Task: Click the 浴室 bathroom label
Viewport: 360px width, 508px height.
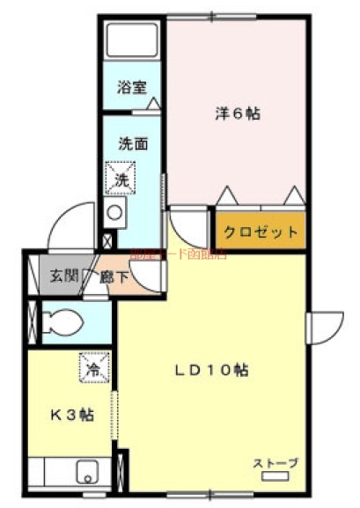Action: click(132, 87)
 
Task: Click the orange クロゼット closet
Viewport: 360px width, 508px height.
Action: click(261, 232)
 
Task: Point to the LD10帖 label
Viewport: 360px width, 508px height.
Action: click(210, 370)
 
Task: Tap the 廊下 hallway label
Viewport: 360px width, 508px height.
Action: click(113, 277)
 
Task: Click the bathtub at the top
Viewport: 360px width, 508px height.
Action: click(132, 40)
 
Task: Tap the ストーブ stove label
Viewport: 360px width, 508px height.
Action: click(276, 463)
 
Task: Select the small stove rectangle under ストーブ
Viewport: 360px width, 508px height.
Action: click(276, 477)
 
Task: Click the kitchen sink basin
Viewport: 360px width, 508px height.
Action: click(87, 472)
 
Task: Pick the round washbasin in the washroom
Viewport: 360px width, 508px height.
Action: click(114, 211)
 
